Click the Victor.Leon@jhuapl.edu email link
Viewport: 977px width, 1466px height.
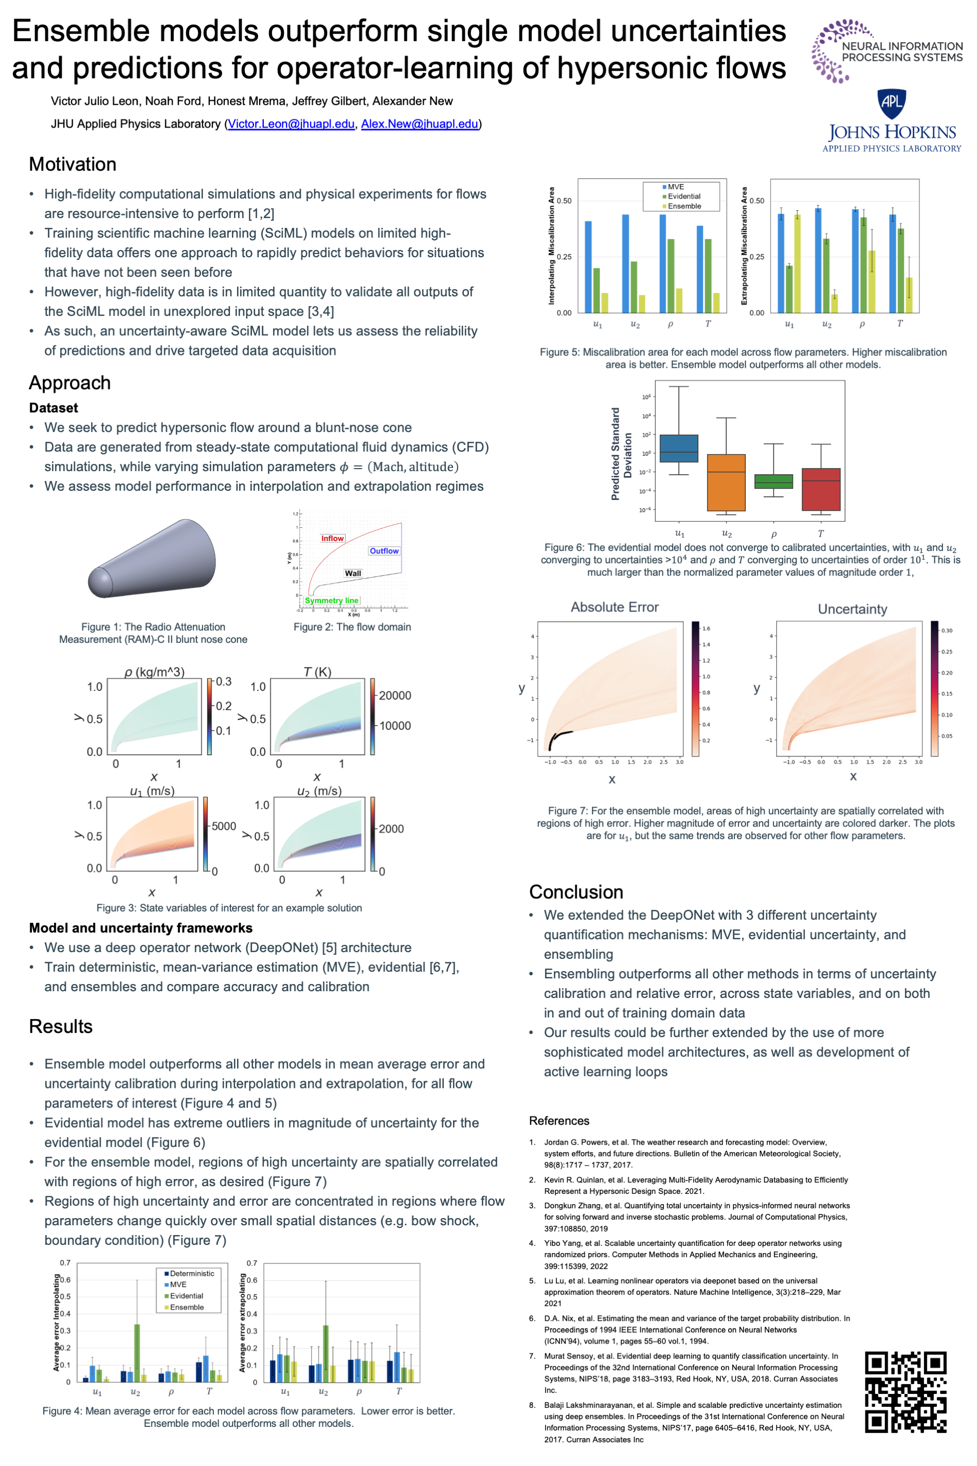tap(291, 124)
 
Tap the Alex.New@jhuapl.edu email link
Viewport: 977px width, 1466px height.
tap(419, 124)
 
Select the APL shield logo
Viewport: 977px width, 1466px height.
tap(891, 103)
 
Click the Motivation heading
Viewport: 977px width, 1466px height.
tap(73, 164)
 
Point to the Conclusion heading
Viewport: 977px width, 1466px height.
tap(576, 892)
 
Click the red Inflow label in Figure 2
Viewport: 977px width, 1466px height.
tap(332, 539)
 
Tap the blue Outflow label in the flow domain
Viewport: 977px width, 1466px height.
tap(384, 551)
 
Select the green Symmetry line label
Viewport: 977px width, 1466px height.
tap(332, 601)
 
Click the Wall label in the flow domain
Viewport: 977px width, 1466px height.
tap(353, 574)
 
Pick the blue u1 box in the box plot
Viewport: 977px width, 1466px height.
tap(679, 448)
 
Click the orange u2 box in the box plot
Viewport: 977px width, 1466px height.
tap(726, 482)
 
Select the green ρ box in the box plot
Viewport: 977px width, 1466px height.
tap(773, 481)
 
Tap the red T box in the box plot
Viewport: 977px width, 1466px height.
tap(821, 489)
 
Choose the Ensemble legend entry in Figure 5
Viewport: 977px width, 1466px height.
tap(683, 206)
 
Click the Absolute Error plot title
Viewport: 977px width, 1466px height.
tap(614, 607)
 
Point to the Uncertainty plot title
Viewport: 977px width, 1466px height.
tap(853, 609)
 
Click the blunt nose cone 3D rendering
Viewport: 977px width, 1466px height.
tap(153, 559)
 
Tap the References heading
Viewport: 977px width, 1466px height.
tap(559, 1121)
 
